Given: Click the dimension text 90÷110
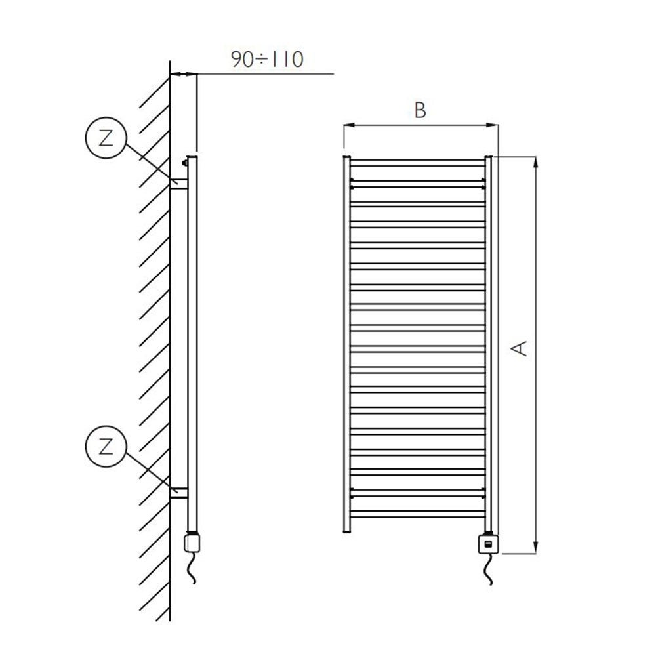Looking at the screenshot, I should point(266,60).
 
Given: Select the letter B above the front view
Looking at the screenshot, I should point(420,110).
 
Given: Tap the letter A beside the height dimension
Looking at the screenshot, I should point(520,348).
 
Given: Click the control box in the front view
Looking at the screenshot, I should point(488,543).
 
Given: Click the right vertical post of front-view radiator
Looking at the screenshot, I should point(488,341).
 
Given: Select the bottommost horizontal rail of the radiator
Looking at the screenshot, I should point(417,514).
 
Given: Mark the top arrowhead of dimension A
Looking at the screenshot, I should point(537,161).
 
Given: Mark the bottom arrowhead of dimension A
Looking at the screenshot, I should point(537,550).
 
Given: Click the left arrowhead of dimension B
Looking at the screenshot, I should point(348,125).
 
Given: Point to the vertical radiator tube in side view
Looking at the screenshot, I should point(192,341).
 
